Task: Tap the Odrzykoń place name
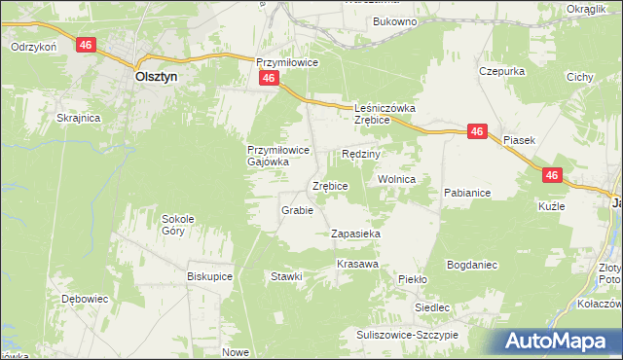[x=33, y=46]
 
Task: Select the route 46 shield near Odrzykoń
[x=87, y=46]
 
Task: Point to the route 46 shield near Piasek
[x=476, y=132]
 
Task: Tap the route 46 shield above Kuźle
[x=552, y=175]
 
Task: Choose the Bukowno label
[x=394, y=20]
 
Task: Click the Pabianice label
[x=466, y=193]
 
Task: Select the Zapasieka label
[x=355, y=234]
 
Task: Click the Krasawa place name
[x=357, y=264]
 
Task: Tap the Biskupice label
[x=208, y=275]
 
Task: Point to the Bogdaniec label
[x=472, y=264]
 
